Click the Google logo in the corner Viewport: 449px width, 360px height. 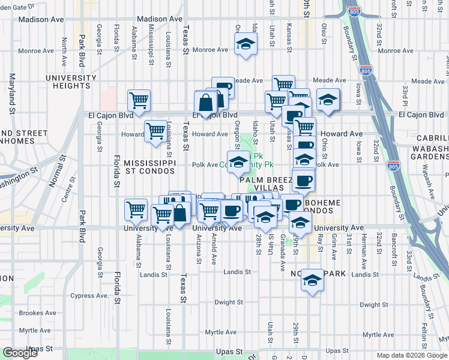(x=20, y=353)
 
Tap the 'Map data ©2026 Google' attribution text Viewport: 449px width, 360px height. (x=411, y=355)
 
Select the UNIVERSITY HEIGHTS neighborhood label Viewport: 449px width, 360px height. (x=71, y=82)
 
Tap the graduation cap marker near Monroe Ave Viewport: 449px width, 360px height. (x=245, y=45)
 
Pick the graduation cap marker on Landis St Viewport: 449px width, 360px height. (x=312, y=280)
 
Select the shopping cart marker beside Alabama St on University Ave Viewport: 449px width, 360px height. (x=136, y=209)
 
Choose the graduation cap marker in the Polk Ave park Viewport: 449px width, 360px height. (x=238, y=163)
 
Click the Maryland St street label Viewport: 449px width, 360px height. (x=11, y=93)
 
